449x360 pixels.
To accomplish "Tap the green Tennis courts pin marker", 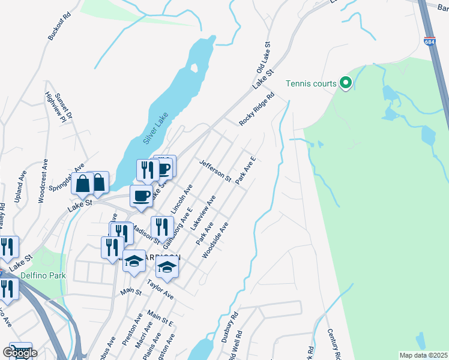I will (x=345, y=83).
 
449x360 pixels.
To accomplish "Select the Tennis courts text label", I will (x=311, y=83).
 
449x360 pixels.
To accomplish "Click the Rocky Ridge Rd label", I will (x=256, y=109).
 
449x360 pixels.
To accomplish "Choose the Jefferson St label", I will (x=215, y=170).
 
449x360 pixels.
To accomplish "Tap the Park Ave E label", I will (x=246, y=170).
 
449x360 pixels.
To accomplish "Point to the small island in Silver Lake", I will (x=194, y=67).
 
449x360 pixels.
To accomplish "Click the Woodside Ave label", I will (x=215, y=241).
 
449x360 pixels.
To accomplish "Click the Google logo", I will (x=19, y=353).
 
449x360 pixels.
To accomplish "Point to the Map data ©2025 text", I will (x=423, y=355).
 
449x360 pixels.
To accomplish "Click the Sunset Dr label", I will (x=62, y=106).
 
